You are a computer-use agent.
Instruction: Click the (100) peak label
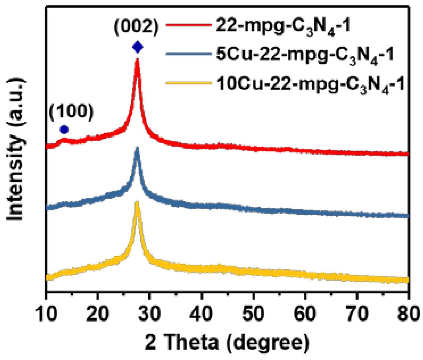71,111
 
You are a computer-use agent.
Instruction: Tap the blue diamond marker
137,47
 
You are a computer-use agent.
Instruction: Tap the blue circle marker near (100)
64,130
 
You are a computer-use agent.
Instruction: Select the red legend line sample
188,25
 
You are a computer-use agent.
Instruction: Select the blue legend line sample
188,54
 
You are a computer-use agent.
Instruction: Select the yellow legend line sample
188,83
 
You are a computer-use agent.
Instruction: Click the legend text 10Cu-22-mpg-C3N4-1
310,84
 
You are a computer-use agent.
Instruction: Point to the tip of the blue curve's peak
137,148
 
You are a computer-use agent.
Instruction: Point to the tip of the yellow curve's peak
137,202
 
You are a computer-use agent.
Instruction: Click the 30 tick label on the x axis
150,314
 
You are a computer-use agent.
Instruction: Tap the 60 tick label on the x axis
305,314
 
